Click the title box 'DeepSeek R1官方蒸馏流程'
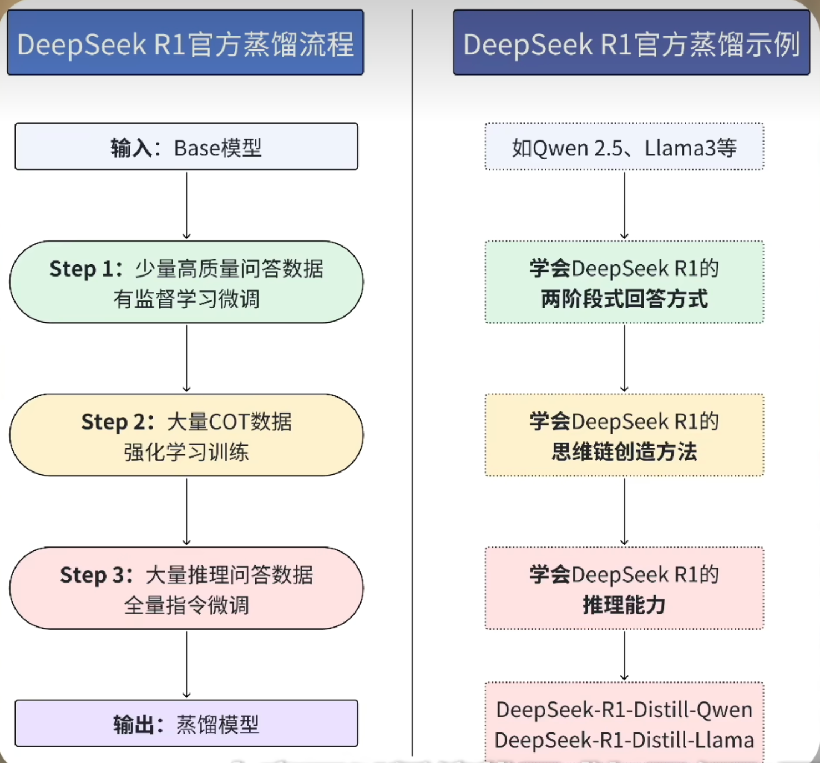pos(185,43)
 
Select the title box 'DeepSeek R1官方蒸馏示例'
pos(631,43)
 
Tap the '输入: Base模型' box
pos(186,147)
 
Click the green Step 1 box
pos(186,282)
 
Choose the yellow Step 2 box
pos(186,435)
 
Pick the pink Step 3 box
pos(186,589)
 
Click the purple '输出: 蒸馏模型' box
pos(186,724)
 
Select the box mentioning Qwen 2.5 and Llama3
pos(624,147)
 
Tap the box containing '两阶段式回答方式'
pos(624,282)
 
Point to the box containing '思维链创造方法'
pos(624,435)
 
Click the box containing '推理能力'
pos(624,589)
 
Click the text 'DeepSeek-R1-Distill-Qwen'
pos(624,710)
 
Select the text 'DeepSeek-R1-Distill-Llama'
pos(624,740)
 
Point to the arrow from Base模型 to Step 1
pos(186,205)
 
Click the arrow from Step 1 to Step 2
pos(186,358)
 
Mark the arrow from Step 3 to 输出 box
pos(186,664)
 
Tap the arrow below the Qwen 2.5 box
pos(624,205)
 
